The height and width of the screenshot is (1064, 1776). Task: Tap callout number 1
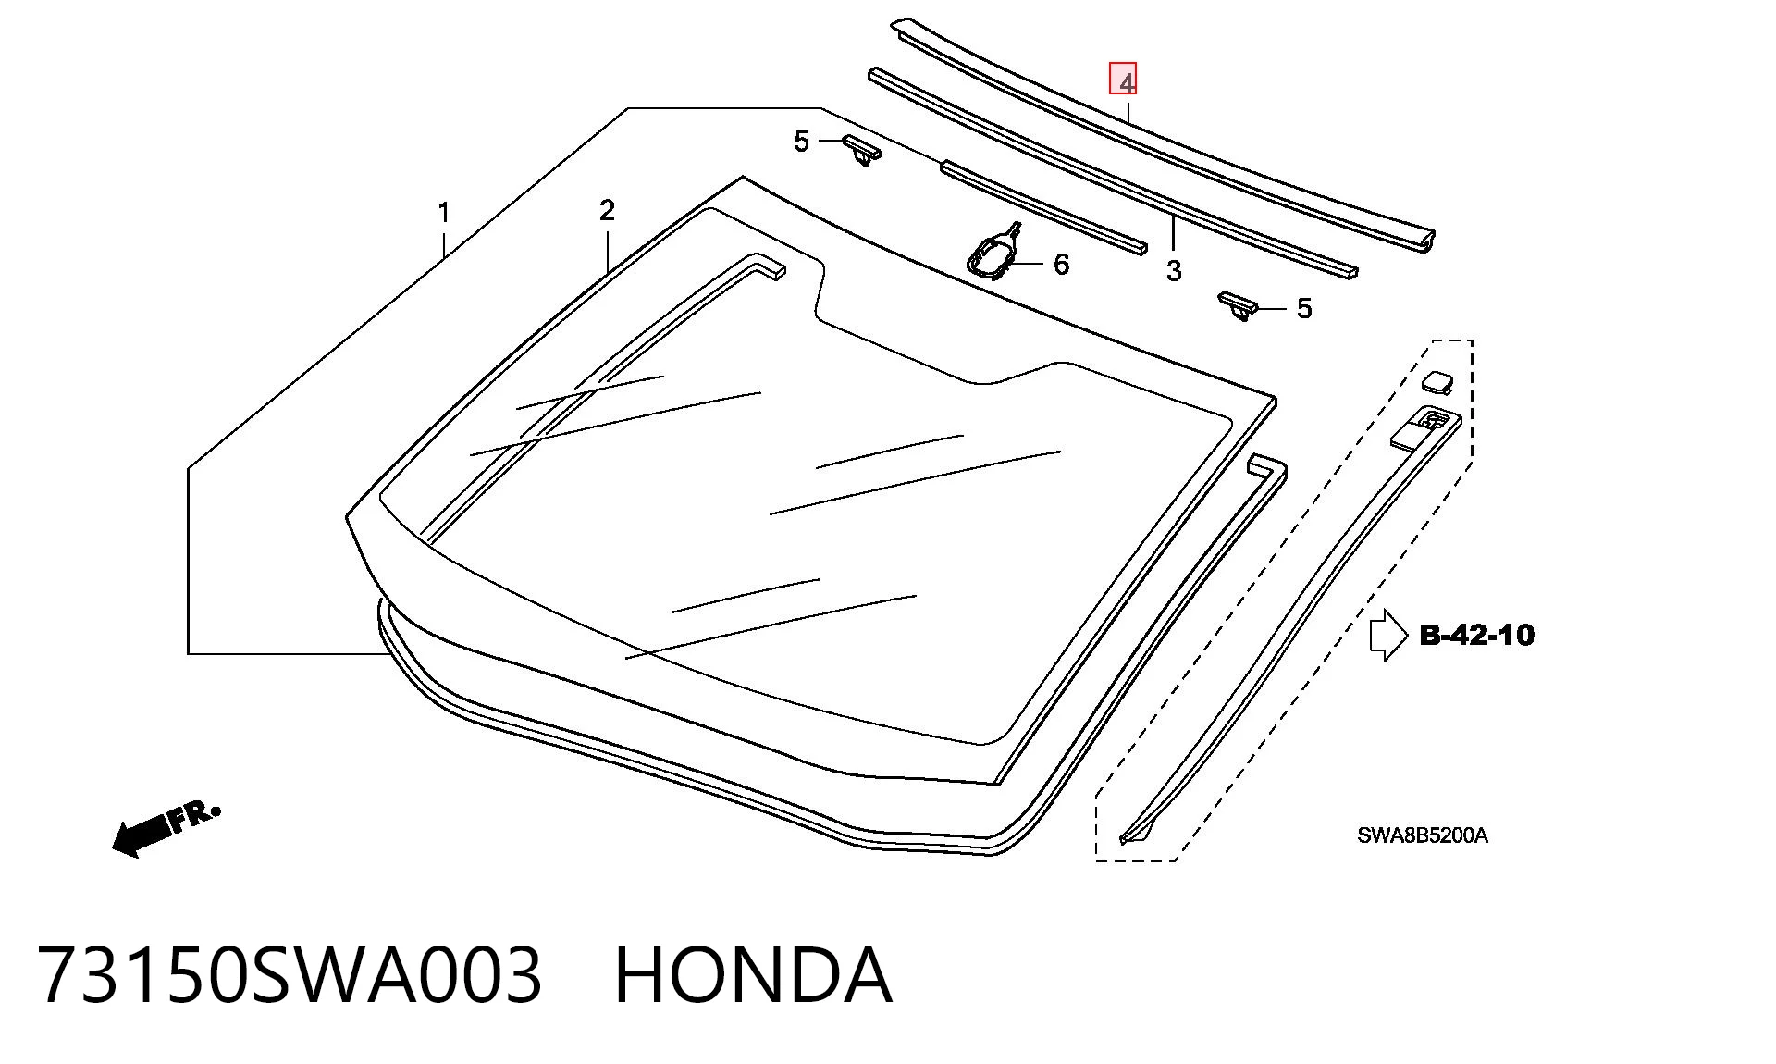pos(444,213)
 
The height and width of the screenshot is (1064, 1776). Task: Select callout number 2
pos(607,211)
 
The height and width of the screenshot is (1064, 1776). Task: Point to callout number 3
pos(1174,271)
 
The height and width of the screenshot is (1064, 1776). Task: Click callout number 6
pos(1061,265)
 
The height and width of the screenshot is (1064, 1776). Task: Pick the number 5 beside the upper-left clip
pos(801,142)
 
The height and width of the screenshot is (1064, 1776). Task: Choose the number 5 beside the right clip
pos(1304,308)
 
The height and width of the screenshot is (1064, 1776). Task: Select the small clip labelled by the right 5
pos(1239,305)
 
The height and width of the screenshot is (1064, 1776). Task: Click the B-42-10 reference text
pos(1476,635)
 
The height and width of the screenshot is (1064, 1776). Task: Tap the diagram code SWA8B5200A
pos(1423,835)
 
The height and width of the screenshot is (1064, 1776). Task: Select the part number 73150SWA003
pos(290,975)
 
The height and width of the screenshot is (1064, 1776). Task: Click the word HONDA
pos(754,975)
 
